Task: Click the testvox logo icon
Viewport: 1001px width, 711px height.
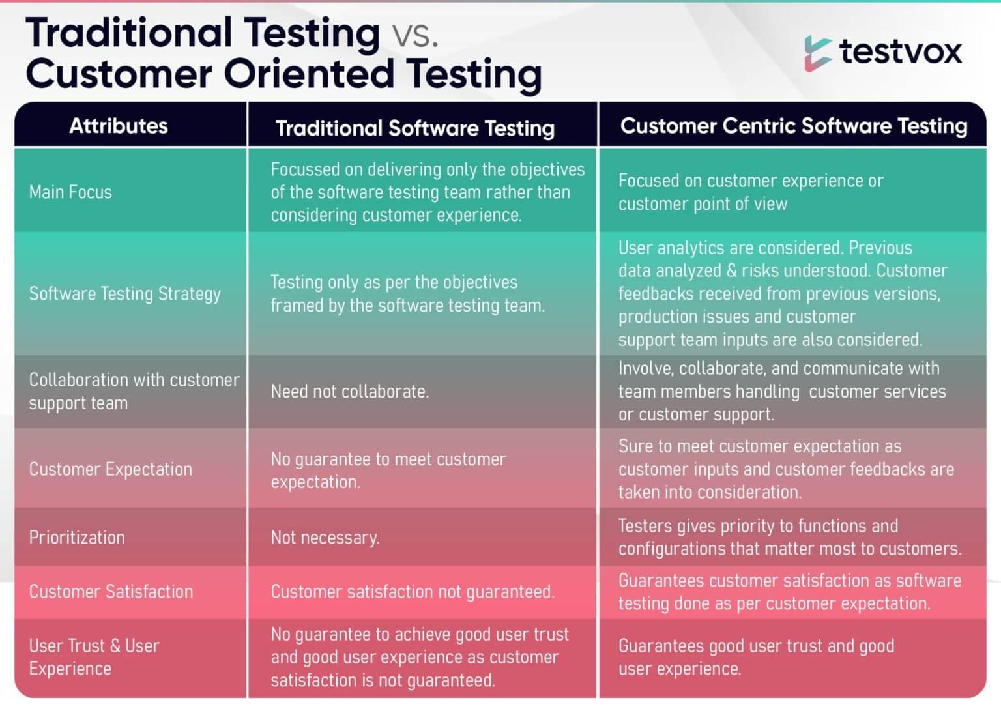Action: [817, 53]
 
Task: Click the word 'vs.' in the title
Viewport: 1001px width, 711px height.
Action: [414, 35]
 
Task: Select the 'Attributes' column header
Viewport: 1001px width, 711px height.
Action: [119, 126]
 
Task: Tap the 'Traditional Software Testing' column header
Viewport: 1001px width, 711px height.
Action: [415, 128]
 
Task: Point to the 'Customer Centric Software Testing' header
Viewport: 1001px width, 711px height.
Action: [793, 125]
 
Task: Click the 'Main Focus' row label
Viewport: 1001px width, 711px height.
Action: [70, 192]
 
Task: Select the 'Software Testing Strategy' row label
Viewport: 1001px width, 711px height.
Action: [124, 294]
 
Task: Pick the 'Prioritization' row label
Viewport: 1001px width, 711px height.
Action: [77, 538]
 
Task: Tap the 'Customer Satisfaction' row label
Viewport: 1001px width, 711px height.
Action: [111, 592]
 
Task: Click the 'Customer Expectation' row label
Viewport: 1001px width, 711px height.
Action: [110, 469]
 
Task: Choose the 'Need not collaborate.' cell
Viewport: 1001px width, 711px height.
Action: [349, 392]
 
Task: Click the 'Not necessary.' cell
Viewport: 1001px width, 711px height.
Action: [325, 538]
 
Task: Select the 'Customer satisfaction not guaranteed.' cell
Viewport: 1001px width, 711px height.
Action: [412, 592]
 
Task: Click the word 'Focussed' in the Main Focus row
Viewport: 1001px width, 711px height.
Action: [305, 169]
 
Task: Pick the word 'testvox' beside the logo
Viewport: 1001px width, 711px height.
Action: [900, 51]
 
